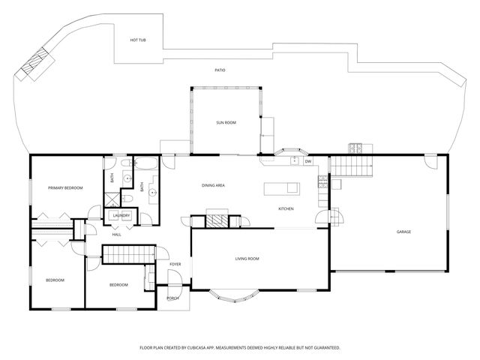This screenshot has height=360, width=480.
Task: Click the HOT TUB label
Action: pos(137,40)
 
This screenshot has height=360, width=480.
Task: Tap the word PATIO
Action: pos(220,70)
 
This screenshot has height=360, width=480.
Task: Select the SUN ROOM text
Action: pos(226,121)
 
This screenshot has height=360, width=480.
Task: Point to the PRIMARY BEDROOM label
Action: pos(65,187)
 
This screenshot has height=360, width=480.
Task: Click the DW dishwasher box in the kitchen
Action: pos(307,161)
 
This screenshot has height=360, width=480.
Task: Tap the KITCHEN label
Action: pos(286,208)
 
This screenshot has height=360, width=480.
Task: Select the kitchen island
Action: pos(280,187)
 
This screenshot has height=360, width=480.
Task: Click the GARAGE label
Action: pos(403,232)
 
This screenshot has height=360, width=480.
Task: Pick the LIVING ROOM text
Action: pos(247,259)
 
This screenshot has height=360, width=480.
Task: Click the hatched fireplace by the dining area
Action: pos(217,220)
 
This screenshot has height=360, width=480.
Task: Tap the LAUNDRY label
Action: pos(121,216)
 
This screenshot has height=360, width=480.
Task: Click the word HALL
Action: pos(117,235)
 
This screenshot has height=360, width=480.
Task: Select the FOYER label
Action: pos(175,264)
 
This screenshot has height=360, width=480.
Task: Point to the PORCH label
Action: pos(172,298)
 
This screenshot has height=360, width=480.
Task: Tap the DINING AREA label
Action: pos(214,185)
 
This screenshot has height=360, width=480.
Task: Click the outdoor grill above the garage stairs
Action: pos(355,146)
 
